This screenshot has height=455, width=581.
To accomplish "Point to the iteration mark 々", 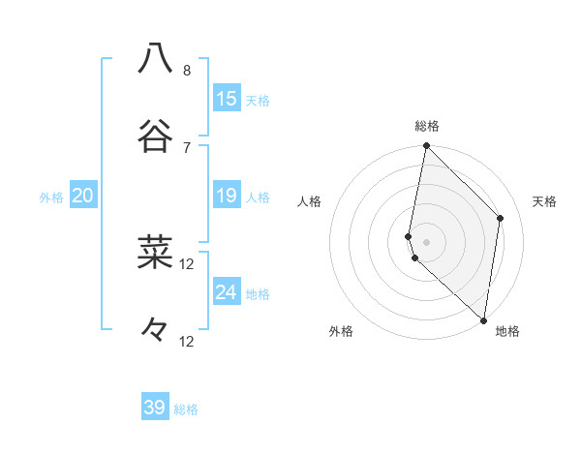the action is tap(155, 329).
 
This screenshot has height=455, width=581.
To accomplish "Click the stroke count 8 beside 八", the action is tap(187, 71).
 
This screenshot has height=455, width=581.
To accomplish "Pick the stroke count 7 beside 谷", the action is tap(187, 147).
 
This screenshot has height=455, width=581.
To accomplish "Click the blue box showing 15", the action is tap(227, 99).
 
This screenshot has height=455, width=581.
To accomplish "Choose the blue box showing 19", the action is tap(227, 197).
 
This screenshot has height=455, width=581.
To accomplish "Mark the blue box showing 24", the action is tap(227, 292).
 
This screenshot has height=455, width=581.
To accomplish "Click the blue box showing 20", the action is tap(83, 197).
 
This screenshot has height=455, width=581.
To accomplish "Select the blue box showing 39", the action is tap(155, 408).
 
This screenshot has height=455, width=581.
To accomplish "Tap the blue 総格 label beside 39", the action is tap(186, 409).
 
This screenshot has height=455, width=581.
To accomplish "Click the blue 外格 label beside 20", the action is tap(51, 197).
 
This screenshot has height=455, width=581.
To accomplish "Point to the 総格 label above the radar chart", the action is tap(427, 126).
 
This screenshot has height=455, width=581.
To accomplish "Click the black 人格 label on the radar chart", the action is tap(309, 201).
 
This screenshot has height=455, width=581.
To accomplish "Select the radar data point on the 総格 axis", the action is tap(426, 146).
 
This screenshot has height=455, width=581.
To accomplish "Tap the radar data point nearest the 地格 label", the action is tap(483, 319).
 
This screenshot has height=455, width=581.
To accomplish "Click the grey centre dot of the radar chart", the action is tap(426, 241).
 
